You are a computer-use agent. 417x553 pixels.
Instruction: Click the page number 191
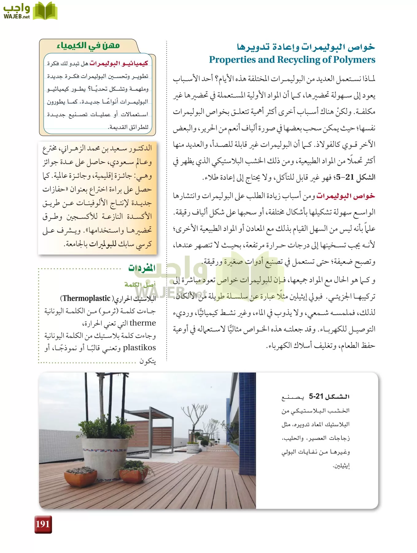(x=43, y=524)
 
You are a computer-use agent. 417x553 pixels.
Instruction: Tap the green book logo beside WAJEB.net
(x=45, y=11)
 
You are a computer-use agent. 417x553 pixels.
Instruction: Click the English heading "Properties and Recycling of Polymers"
(x=292, y=60)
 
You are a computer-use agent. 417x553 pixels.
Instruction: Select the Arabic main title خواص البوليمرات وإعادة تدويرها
(x=306, y=47)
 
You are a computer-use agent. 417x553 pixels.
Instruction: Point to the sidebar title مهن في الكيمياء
(x=88, y=46)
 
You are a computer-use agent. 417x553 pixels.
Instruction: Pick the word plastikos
(x=139, y=347)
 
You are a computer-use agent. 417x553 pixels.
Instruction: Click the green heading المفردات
(x=142, y=268)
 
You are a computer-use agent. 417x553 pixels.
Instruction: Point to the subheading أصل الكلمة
(x=140, y=284)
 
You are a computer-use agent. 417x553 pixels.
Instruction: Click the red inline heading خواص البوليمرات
(x=345, y=196)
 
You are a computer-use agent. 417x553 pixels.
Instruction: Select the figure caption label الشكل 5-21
(x=329, y=396)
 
